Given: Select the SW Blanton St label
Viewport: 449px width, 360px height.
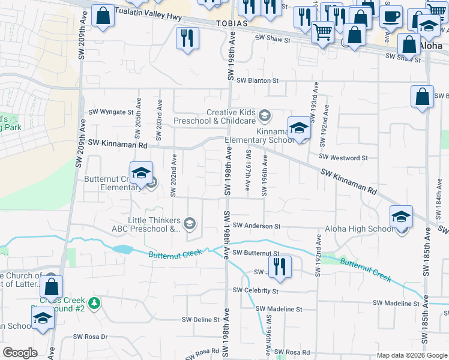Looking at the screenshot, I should pyautogui.click(x=258, y=80).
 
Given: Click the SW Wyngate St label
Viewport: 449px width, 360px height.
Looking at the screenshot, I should pyautogui.click(x=110, y=112).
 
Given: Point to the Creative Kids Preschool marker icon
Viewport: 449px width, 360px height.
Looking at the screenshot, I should pyautogui.click(x=265, y=115).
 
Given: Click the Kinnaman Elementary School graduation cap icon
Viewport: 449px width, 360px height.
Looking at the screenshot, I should pyautogui.click(x=299, y=128).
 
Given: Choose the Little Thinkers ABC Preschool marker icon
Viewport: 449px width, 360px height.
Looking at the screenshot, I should pyautogui.click(x=190, y=224).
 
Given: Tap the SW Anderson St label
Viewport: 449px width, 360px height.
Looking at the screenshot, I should pyautogui.click(x=257, y=226).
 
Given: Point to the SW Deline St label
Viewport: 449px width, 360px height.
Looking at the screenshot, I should pyautogui.click(x=200, y=320).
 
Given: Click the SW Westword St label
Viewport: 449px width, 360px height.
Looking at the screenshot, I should pyautogui.click(x=343, y=158).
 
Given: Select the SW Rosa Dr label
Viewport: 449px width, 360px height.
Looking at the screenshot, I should pyautogui.click(x=90, y=337).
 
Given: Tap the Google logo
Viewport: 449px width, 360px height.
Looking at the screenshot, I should pyautogui.click(x=20, y=353).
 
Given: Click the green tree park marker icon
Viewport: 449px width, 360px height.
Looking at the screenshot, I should pyautogui.click(x=94, y=303).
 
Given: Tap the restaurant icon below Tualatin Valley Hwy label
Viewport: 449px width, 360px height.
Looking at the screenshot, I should pyautogui.click(x=187, y=40).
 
